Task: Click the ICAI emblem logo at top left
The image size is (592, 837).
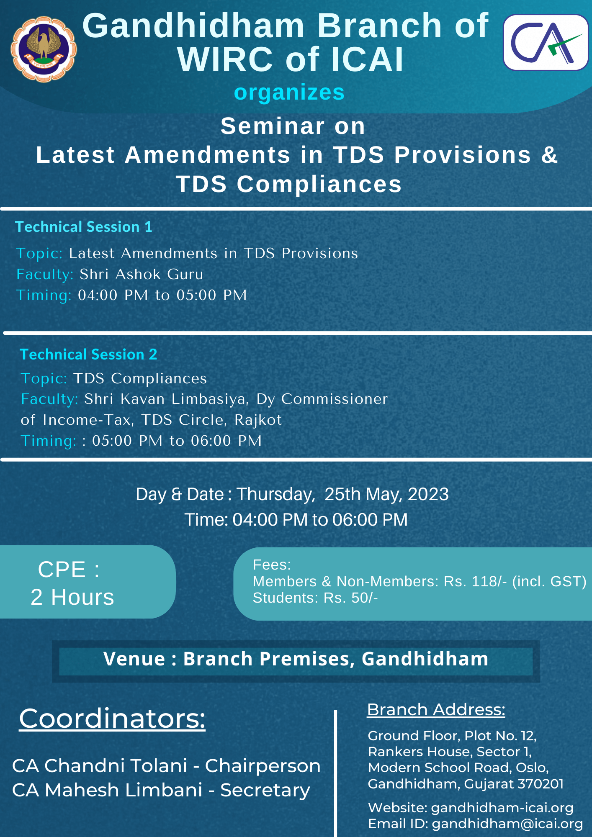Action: pos(44,49)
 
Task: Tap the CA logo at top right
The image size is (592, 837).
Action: pos(546,42)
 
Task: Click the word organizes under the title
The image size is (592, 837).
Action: pos(289,92)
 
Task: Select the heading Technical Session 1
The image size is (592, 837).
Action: pos(84,227)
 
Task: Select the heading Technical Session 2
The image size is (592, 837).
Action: pos(88,354)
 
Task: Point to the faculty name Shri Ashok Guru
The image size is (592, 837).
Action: pos(142,274)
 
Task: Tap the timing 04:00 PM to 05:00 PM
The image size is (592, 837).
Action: pos(162,295)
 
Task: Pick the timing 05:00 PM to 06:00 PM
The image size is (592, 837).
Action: pos(177,441)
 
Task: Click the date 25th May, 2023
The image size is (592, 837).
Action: pos(386,494)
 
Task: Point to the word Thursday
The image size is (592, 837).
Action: pos(275,495)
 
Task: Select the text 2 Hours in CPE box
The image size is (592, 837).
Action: pos(72,597)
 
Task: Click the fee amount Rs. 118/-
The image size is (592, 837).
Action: pos(476,581)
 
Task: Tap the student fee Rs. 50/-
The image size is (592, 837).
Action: pos(351,598)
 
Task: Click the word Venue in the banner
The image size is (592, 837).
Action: pos(134,659)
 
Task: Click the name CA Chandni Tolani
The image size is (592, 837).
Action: pos(100,765)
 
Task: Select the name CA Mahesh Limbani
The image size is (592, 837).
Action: pos(108,790)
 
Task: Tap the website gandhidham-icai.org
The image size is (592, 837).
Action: pos(502,808)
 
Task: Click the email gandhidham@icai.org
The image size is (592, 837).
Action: pos(507,824)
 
